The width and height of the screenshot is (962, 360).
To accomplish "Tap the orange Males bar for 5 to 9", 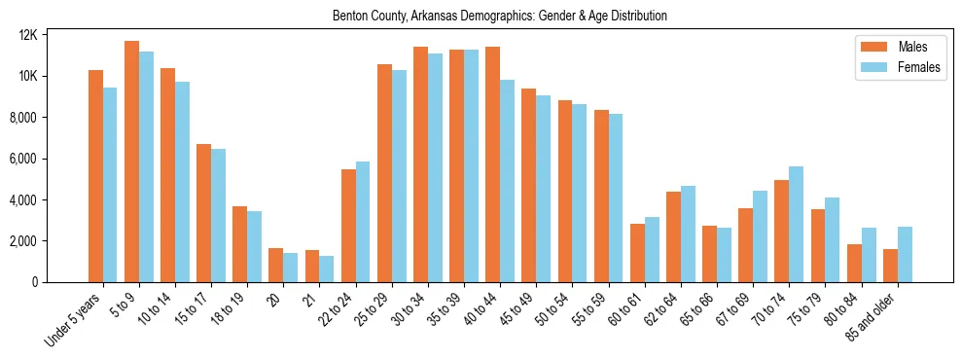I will pos(131,162).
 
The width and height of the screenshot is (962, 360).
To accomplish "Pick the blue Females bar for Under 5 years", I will pos(110,185).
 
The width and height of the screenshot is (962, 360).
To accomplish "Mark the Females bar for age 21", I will pos(327,269).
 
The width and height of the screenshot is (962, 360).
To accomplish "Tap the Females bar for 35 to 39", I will pos(471,165).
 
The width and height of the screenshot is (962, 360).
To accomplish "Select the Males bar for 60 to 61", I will pos(637,253).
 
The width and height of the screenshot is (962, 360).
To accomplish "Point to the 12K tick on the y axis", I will pos(54,35).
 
